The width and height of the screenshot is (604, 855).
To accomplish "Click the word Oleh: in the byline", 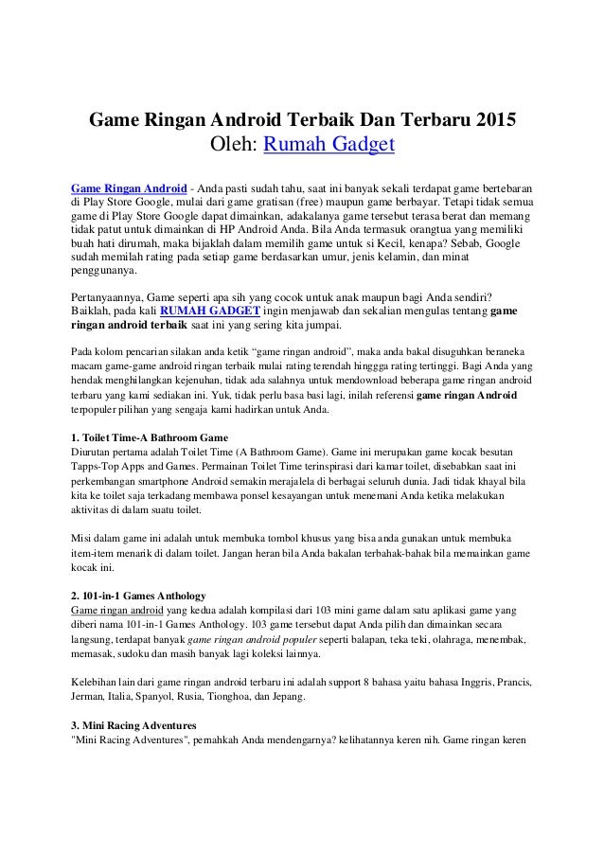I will click(231, 147).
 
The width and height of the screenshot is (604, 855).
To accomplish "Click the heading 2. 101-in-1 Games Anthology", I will click(145, 595).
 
